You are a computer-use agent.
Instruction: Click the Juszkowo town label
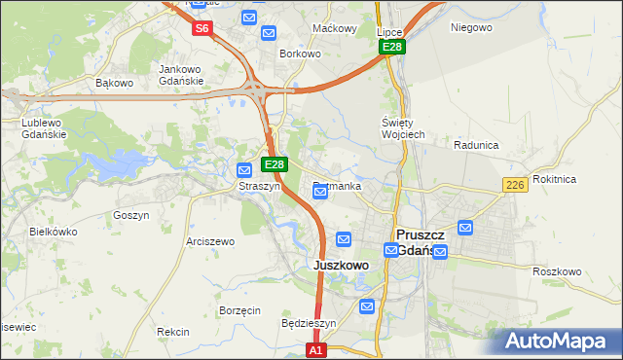coord(341,265)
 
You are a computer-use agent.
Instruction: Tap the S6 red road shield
coord(202,28)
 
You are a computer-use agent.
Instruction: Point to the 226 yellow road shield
coord(516,185)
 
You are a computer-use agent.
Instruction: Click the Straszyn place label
coord(260,185)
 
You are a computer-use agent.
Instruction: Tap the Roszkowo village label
coord(557,271)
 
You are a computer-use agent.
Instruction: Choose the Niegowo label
coord(471,27)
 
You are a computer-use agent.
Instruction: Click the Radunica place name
coord(476,144)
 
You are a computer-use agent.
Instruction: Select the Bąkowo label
coord(114,83)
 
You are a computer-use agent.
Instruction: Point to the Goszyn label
coord(130,215)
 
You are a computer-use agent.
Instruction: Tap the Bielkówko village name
coord(54,232)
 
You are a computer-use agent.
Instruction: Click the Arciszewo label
coord(210,240)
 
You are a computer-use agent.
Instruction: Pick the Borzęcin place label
coord(239,310)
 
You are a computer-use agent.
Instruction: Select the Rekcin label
coord(173,332)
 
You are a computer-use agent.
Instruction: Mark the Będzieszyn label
coord(308,323)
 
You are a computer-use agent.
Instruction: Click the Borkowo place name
coord(300,54)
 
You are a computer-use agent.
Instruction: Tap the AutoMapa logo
coord(553,341)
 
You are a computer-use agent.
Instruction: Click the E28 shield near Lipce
coord(392,47)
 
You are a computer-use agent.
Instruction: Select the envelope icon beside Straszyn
coord(246,169)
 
